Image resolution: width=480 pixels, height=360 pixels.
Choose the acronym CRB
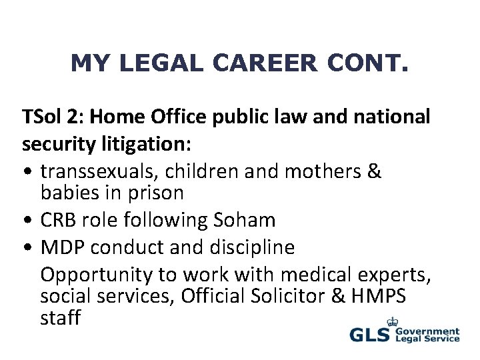tap(60, 219)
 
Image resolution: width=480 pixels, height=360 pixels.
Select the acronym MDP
tap(63, 247)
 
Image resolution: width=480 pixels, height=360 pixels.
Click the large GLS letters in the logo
tap(371, 335)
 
